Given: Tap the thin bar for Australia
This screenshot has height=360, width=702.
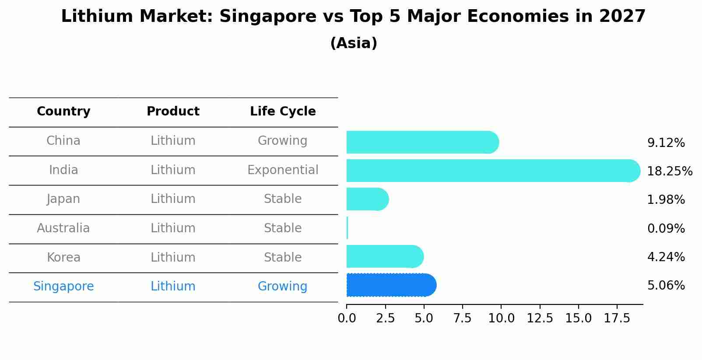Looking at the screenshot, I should pyautogui.click(x=347, y=228).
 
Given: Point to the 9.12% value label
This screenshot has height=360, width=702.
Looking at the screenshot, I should pyautogui.click(x=666, y=143).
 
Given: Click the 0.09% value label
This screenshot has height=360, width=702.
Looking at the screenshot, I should pyautogui.click(x=666, y=228).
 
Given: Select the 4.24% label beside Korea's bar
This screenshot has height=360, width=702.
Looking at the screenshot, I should pyautogui.click(x=666, y=257).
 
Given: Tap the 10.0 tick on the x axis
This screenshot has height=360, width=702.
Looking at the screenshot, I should pyautogui.click(x=501, y=318).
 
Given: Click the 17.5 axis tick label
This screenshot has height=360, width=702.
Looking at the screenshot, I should pyautogui.click(x=617, y=318).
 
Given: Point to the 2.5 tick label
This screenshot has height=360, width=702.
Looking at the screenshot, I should pyautogui.click(x=385, y=318).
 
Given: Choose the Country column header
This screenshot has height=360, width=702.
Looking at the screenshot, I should pyautogui.click(x=63, y=112).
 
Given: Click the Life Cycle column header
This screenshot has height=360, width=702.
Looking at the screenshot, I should pyautogui.click(x=283, y=112).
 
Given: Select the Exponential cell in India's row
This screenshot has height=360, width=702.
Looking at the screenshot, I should pyautogui.click(x=283, y=170).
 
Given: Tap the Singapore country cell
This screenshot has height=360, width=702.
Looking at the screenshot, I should pyautogui.click(x=63, y=287).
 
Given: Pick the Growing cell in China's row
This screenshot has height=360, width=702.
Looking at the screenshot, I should pyautogui.click(x=282, y=141).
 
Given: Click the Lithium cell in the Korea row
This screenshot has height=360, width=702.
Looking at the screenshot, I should pyautogui.click(x=173, y=257).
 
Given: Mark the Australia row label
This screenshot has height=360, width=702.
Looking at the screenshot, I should pyautogui.click(x=63, y=228).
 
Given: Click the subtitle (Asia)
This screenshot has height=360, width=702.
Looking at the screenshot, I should pyautogui.click(x=354, y=43).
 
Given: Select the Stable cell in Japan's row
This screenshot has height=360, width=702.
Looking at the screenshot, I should pyautogui.click(x=283, y=199).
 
